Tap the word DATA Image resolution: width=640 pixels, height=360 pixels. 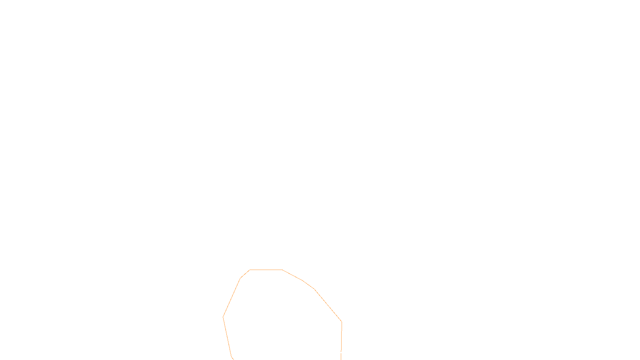338,354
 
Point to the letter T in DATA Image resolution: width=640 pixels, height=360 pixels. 340,354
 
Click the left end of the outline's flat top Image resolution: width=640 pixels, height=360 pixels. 250,270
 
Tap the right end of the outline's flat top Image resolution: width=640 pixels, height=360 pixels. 282,270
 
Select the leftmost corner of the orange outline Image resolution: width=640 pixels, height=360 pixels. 223,317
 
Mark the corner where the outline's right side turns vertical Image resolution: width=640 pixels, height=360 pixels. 342,322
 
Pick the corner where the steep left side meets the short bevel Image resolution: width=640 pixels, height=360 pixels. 240,278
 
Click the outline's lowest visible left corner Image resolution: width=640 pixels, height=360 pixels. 232,356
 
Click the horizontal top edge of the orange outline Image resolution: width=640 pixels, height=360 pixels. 266,270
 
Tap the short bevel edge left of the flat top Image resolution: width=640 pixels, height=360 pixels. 245,274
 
